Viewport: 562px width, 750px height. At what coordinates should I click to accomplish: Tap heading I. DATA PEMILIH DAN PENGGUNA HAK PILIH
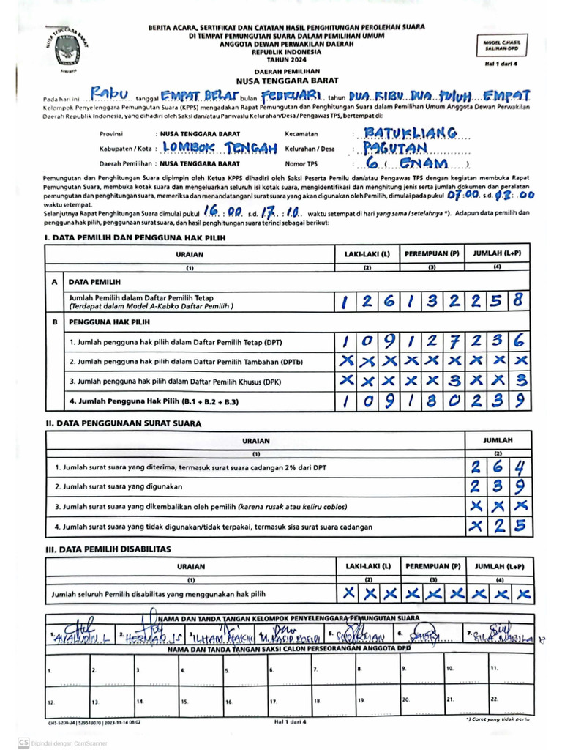point(135,238)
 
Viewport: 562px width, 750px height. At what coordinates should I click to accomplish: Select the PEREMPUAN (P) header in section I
point(432,253)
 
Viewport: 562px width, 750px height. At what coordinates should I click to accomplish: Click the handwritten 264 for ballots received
point(497,467)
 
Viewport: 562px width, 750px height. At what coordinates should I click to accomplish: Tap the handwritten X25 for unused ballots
point(497,525)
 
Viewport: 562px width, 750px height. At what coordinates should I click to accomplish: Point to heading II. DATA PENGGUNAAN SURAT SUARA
point(124,423)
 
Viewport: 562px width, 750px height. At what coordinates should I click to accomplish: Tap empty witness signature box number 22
point(509,700)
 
